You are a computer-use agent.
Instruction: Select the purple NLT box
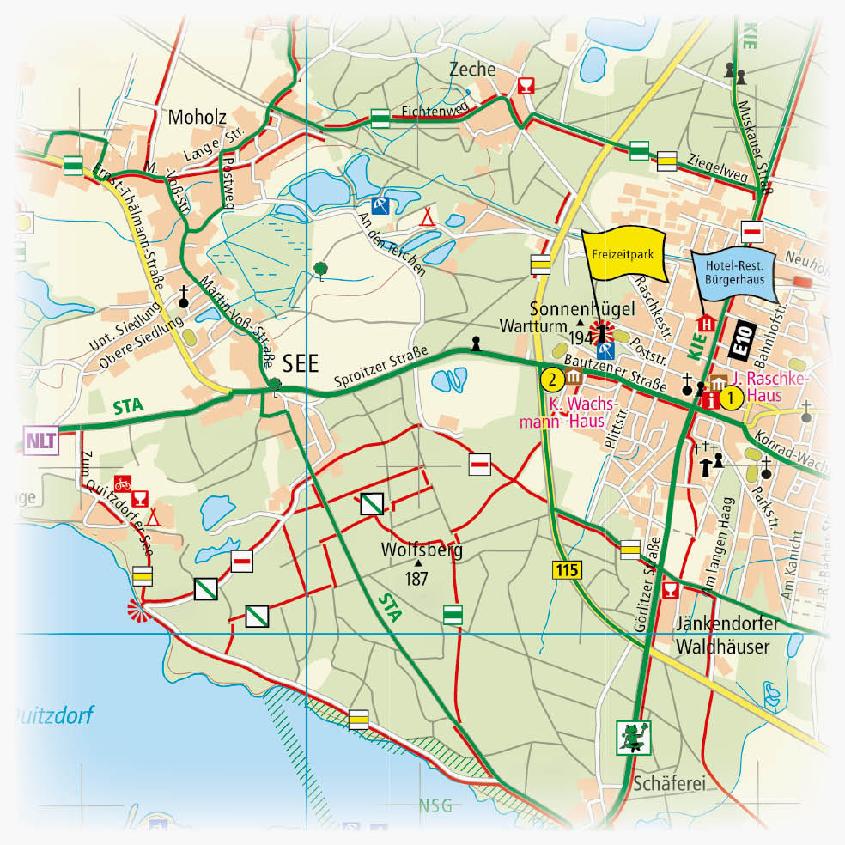(x=40, y=441)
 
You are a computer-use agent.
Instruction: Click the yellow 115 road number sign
(x=562, y=568)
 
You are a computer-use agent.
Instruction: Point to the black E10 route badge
(x=740, y=337)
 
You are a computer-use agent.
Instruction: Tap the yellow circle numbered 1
(x=731, y=398)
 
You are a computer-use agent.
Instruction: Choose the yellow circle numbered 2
(x=554, y=378)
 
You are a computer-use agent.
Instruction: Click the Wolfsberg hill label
(x=422, y=550)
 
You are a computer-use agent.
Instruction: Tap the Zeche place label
(x=471, y=70)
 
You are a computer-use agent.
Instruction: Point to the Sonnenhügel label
(x=570, y=309)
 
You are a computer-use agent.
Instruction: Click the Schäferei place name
(x=657, y=784)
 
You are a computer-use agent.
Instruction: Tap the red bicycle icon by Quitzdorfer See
(x=123, y=483)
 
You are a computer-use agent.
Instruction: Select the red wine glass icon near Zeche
(x=526, y=85)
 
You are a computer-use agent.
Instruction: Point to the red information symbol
(x=710, y=398)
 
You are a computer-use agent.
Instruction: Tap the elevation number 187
(x=416, y=579)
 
